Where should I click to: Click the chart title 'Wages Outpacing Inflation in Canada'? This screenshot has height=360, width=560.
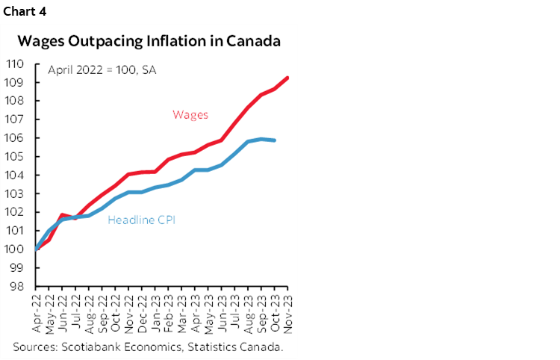(149, 41)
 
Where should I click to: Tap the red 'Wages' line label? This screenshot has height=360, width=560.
(190, 114)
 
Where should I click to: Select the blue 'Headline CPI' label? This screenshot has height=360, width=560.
(142, 220)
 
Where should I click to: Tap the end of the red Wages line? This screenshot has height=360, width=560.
(288, 78)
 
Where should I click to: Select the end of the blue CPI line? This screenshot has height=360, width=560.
(275, 140)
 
